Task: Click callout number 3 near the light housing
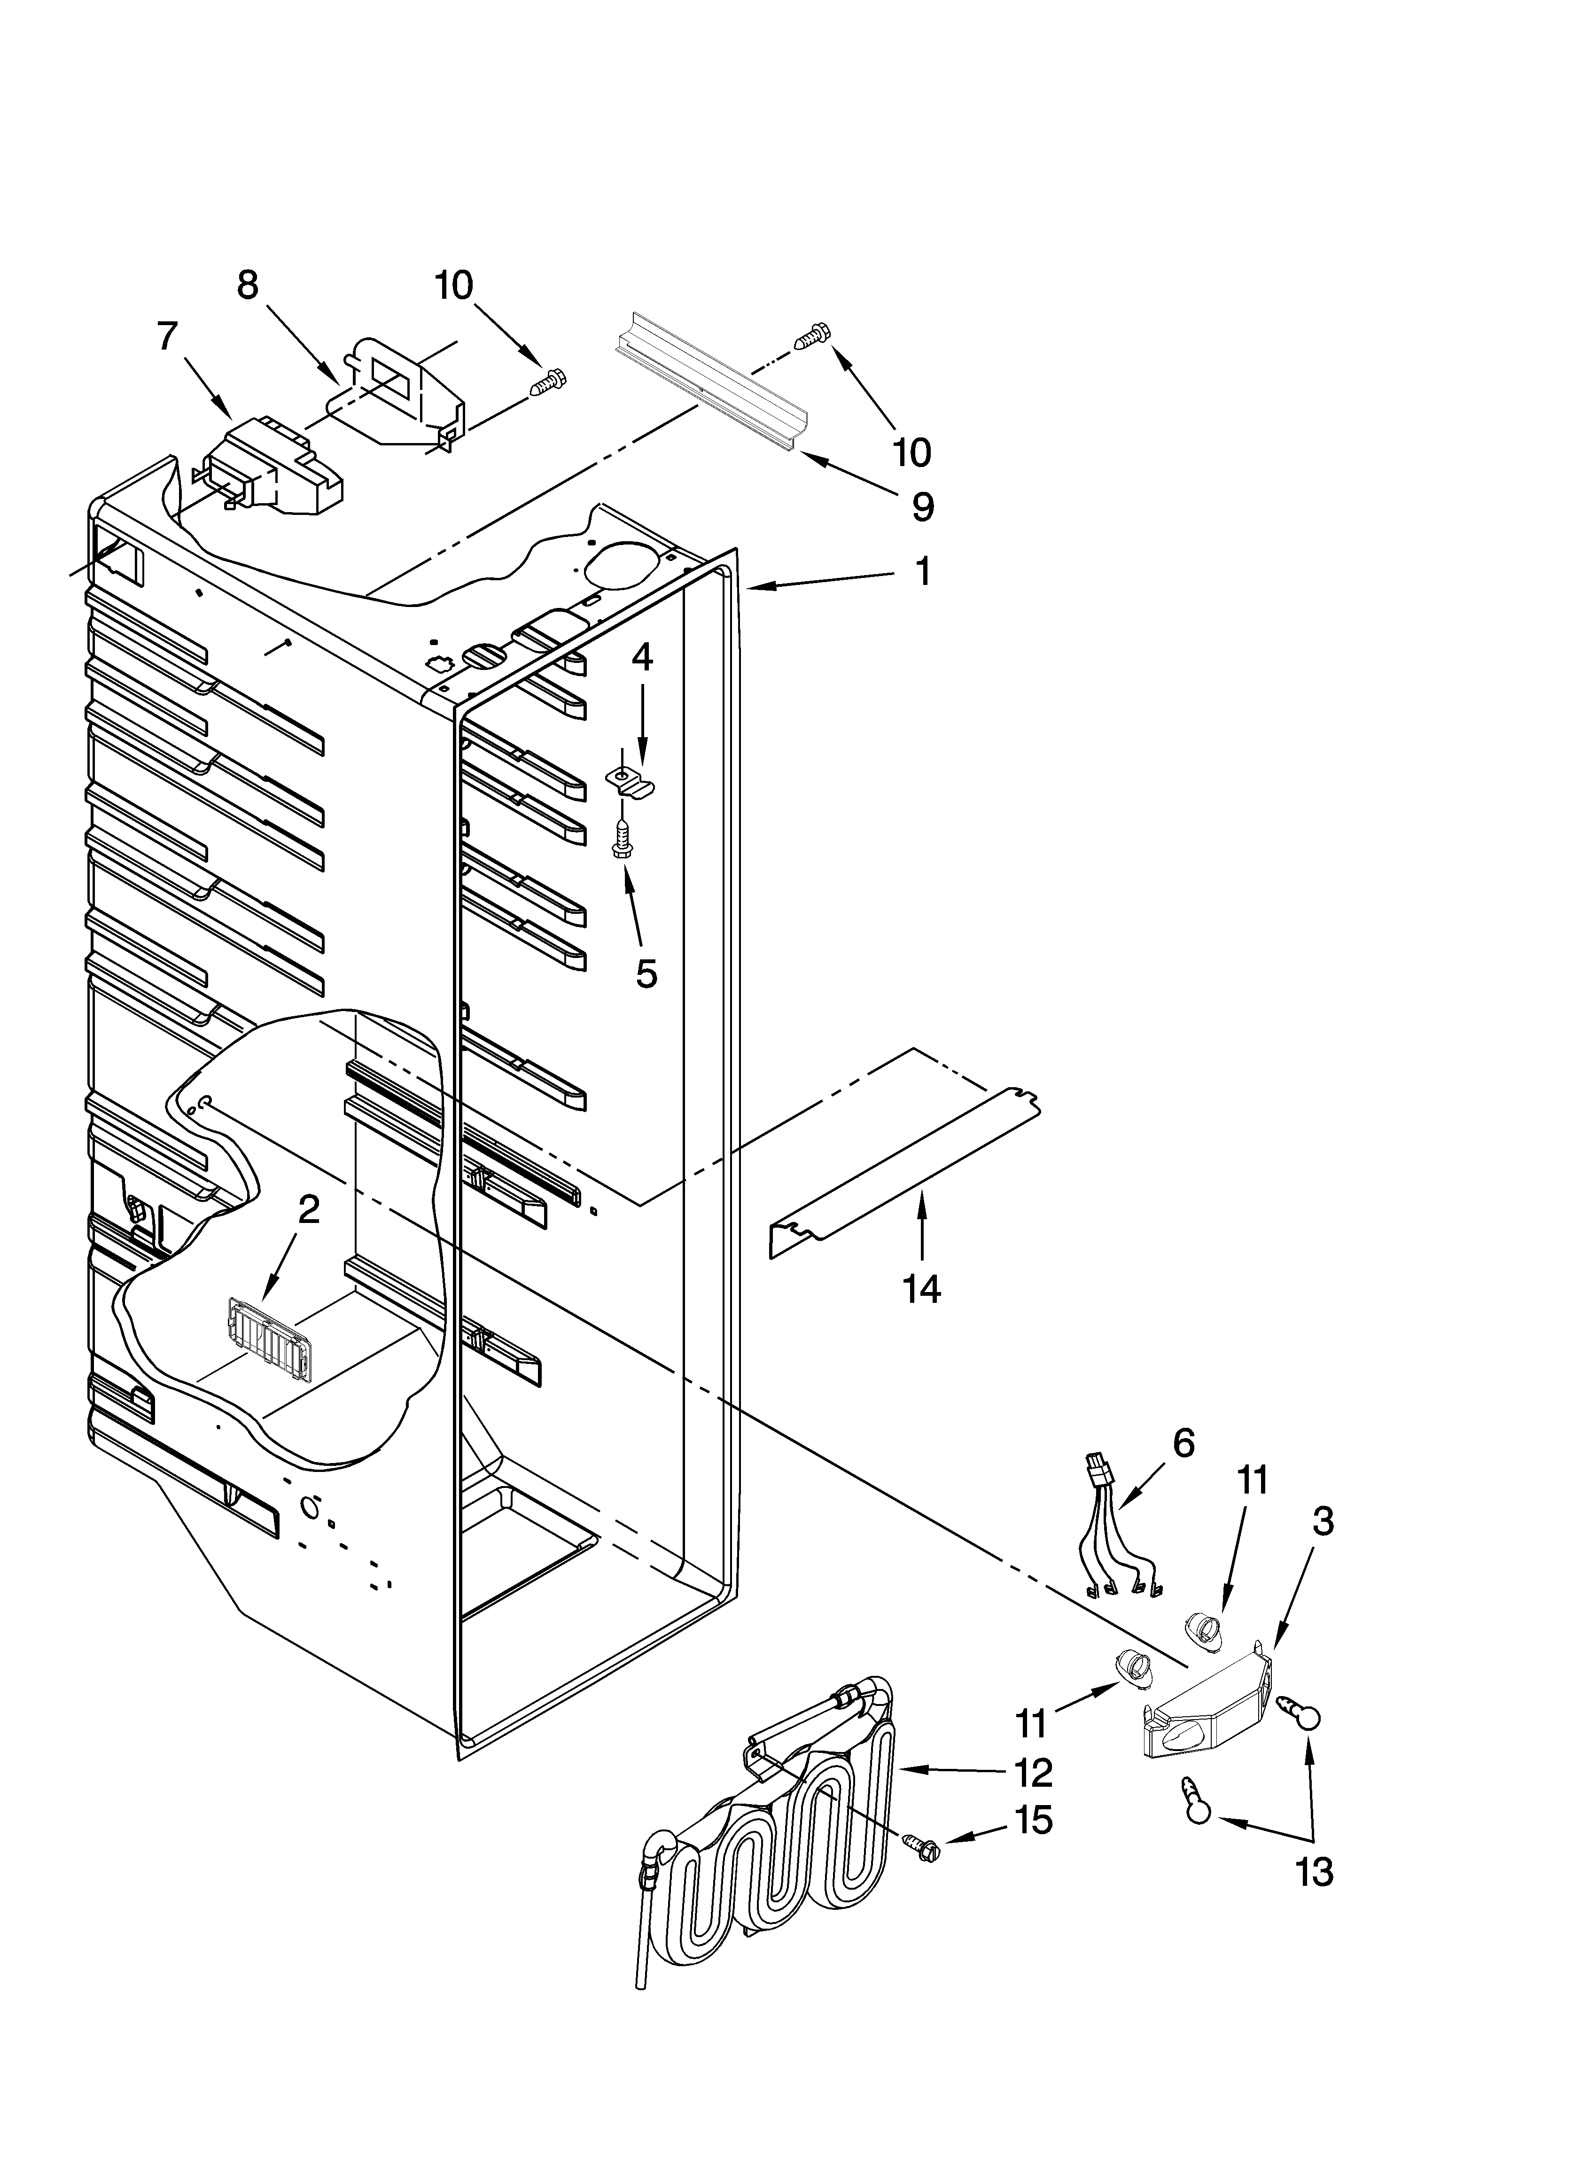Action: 1322,1521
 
